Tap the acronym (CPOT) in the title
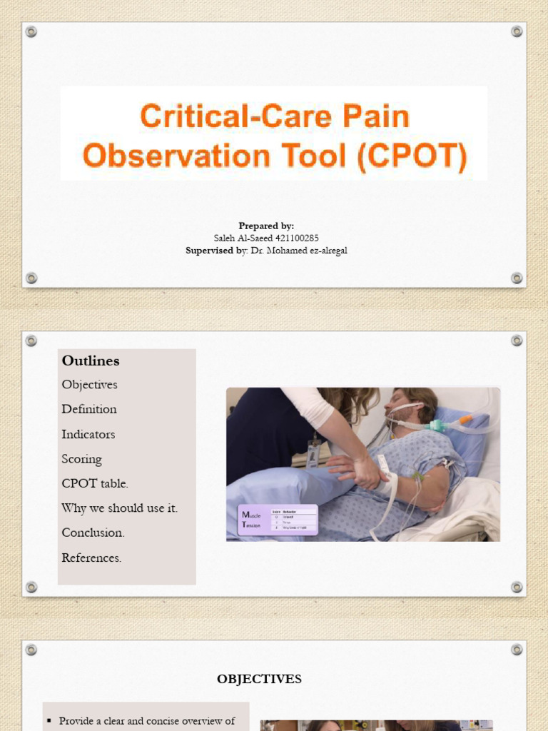pyautogui.click(x=412, y=156)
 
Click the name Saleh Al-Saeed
pyautogui.click(x=243, y=238)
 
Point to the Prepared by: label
pyautogui.click(x=266, y=226)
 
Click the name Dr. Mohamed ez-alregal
pyautogui.click(x=299, y=251)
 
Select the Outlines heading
pyautogui.click(x=91, y=361)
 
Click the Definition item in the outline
pyautogui.click(x=89, y=409)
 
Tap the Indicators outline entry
pyautogui.click(x=88, y=434)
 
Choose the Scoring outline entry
pyautogui.click(x=82, y=459)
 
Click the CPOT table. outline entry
pyautogui.click(x=95, y=483)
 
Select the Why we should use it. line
pyautogui.click(x=120, y=508)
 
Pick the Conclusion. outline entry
pyautogui.click(x=93, y=533)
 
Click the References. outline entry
pyautogui.click(x=91, y=558)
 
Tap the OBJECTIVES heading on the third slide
pyautogui.click(x=259, y=679)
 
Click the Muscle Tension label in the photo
pyautogui.click(x=252, y=520)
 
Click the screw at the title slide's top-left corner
pyautogui.click(x=31, y=31)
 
